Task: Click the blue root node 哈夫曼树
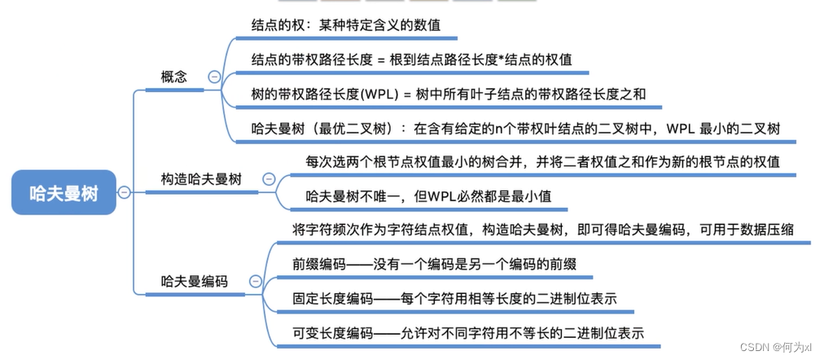[x=64, y=192]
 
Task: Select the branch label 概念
[x=173, y=77]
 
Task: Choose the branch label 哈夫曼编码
[x=193, y=282]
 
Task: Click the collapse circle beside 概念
[x=214, y=77]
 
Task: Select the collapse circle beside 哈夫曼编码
[x=255, y=282]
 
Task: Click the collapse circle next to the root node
[x=124, y=192]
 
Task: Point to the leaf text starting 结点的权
[x=346, y=25]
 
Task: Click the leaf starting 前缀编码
[x=435, y=265]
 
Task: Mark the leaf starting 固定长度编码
[x=454, y=299]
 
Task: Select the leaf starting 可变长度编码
[x=468, y=333]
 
